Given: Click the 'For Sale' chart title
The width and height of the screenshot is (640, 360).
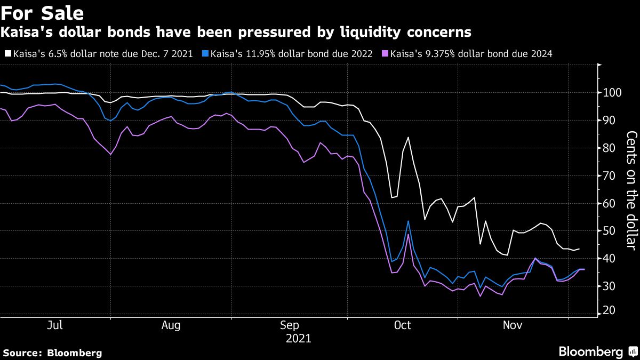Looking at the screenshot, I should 42,12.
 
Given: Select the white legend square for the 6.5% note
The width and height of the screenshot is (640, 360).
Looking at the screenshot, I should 7,54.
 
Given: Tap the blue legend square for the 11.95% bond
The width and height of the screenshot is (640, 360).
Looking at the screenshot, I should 206,54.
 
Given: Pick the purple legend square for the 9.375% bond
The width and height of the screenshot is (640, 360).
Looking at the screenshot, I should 386,54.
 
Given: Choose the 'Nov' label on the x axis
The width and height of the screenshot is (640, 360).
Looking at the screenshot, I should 513,325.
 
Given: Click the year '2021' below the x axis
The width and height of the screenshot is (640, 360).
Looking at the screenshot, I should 299,338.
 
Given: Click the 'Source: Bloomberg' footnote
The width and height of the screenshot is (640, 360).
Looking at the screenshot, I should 52,353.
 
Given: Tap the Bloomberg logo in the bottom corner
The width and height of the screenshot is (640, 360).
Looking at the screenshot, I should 597,351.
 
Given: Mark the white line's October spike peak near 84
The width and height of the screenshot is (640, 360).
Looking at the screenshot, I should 408,138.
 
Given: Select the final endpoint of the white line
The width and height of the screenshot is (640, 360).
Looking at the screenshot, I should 580,249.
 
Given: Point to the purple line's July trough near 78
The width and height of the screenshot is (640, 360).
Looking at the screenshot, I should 110,154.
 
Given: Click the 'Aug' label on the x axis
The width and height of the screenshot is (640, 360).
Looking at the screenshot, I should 171,325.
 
